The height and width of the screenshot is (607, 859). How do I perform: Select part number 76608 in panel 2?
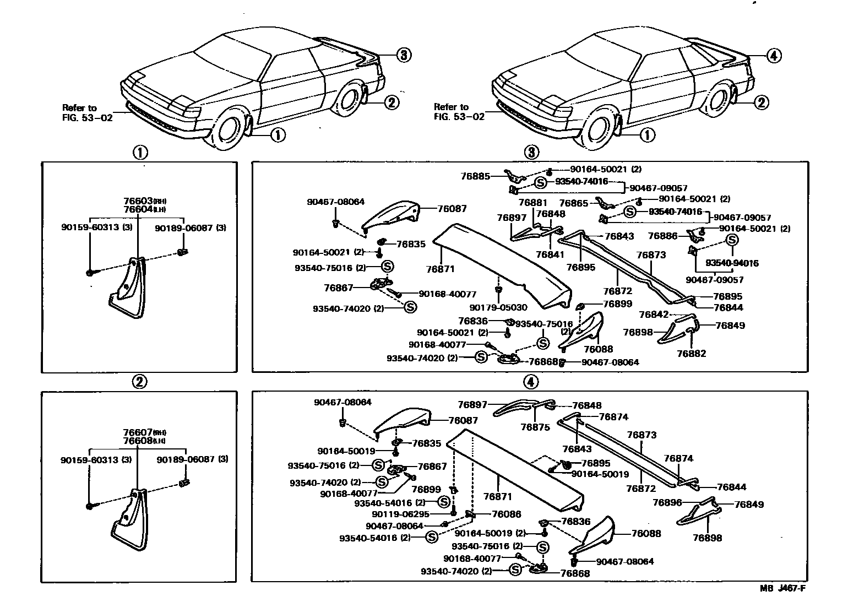138,441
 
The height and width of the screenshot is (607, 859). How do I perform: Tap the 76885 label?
475,176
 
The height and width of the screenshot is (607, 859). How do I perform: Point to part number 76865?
574,203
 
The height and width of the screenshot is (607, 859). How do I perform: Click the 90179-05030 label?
498,307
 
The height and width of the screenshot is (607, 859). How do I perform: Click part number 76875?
535,427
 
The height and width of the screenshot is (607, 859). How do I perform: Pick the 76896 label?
667,502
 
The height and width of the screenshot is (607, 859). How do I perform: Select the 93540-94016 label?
732,263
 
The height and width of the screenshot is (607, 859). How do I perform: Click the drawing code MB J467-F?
782,588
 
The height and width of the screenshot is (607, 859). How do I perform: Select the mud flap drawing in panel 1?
128,288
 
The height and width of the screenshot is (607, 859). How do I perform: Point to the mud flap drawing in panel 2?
130,519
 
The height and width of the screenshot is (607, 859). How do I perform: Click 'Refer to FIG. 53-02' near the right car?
459,112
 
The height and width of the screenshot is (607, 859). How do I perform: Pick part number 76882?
691,354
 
